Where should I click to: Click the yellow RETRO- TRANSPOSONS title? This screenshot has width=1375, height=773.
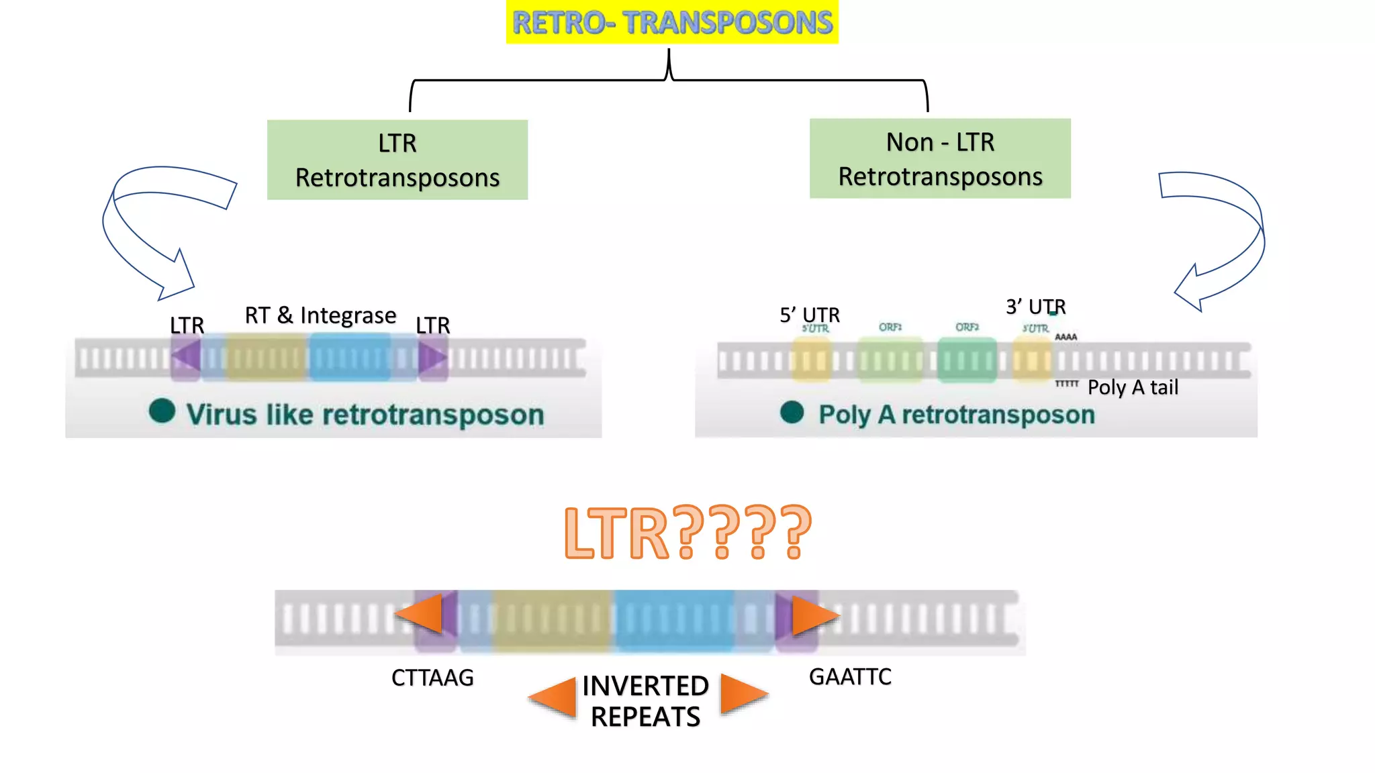pyautogui.click(x=672, y=22)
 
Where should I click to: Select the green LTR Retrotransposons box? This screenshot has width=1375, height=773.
pyautogui.click(x=397, y=160)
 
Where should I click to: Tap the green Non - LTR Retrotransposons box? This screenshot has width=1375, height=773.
pyautogui.click(x=940, y=158)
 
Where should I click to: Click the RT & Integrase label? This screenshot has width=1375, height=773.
pyautogui.click(x=320, y=315)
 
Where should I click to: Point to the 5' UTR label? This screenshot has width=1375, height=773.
pyautogui.click(x=809, y=315)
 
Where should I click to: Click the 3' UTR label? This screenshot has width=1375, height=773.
pyautogui.click(x=1035, y=307)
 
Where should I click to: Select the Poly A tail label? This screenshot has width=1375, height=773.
pyautogui.click(x=1133, y=388)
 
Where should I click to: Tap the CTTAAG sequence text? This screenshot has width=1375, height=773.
pyautogui.click(x=432, y=678)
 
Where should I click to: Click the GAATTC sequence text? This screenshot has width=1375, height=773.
pyautogui.click(x=850, y=676)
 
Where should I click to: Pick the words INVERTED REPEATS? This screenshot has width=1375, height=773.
pyautogui.click(x=645, y=701)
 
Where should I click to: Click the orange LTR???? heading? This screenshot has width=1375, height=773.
pyautogui.click(x=687, y=533)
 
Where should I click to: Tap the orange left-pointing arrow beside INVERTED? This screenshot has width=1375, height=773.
pyautogui.click(x=555, y=698)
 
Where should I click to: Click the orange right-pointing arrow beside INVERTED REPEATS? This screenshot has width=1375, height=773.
pyautogui.click(x=743, y=694)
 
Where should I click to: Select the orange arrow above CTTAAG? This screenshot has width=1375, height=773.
pyautogui.click(x=421, y=613)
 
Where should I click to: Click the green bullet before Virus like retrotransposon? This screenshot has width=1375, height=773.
pyautogui.click(x=162, y=411)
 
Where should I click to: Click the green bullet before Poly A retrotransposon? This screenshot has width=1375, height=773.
pyautogui.click(x=792, y=412)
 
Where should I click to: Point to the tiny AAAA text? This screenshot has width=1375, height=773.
pyautogui.click(x=1065, y=337)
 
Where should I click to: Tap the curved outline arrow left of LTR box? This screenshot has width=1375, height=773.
pyautogui.click(x=144, y=221)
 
